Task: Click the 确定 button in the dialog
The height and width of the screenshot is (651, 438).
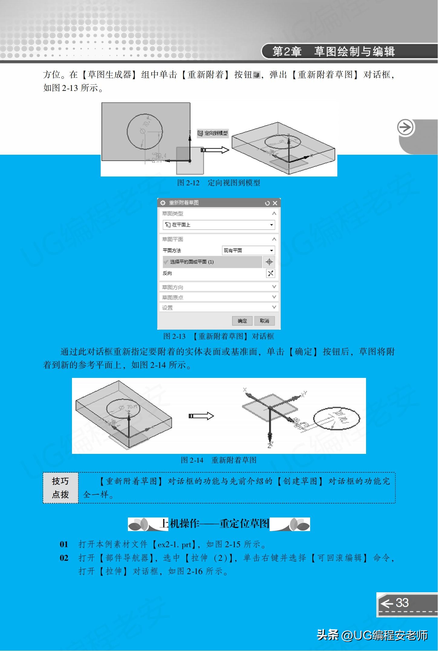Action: (x=242, y=321)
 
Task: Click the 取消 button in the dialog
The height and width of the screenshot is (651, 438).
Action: (x=264, y=321)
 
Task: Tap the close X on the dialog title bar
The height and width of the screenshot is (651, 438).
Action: (x=275, y=203)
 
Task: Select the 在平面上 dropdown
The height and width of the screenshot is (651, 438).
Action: (x=219, y=225)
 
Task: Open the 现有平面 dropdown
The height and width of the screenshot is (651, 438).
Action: (x=248, y=251)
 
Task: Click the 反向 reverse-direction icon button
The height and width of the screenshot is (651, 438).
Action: (x=270, y=273)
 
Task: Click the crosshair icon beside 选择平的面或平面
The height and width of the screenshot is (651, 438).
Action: (x=269, y=262)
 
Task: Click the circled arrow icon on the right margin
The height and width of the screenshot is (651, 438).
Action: (x=405, y=128)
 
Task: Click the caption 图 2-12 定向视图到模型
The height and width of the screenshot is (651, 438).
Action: (x=219, y=183)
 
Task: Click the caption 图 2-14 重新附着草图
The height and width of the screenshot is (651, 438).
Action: (x=219, y=460)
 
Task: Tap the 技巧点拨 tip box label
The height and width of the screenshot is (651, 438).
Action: (x=60, y=488)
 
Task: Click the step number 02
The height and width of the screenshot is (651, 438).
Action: (x=64, y=558)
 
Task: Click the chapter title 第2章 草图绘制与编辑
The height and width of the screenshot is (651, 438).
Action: (x=333, y=51)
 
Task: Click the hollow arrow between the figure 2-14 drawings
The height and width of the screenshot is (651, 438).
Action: (x=201, y=416)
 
